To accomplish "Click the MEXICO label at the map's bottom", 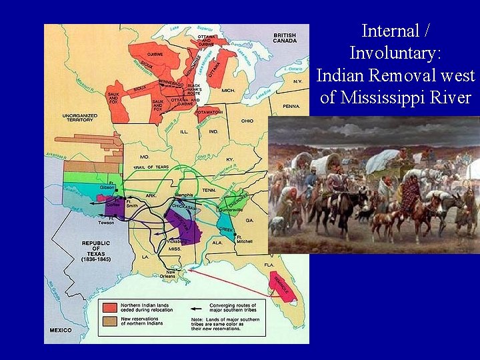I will tap(61, 330).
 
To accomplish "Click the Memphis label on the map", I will tap(183, 195).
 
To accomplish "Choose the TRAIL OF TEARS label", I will tap(150, 167).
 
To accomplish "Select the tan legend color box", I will tap(109, 322).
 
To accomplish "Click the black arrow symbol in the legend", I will tap(195, 308).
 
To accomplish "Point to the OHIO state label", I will tap(247, 121).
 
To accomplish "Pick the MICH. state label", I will tap(229, 89).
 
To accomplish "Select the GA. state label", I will tap(249, 220).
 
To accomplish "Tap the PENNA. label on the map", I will tap(291, 106).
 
